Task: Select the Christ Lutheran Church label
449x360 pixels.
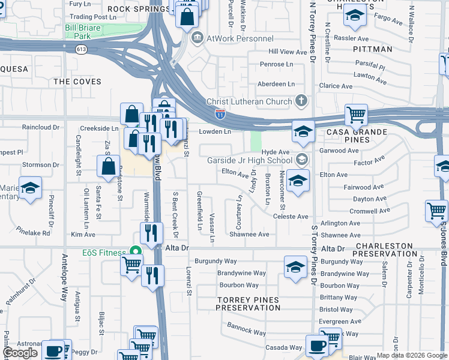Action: tap(249, 101)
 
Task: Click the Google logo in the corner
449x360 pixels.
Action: tap(20, 353)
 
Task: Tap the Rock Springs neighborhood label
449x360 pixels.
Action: tap(138, 9)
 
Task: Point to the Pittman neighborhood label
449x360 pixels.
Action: tap(372, 49)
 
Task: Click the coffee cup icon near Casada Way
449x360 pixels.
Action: tap(317, 346)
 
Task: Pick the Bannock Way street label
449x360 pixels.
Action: tap(246, 329)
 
